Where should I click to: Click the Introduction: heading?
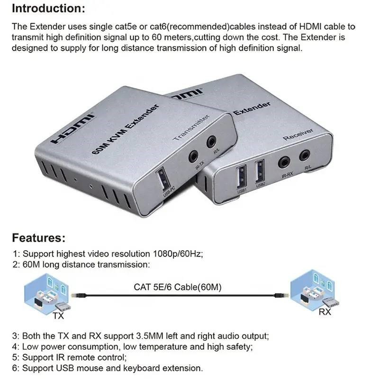click(x=49, y=9)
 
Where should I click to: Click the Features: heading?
click(x=38, y=237)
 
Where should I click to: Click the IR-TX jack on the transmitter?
click(x=193, y=156)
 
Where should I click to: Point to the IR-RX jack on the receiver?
click(x=285, y=163)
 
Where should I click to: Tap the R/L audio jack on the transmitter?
click(x=211, y=141)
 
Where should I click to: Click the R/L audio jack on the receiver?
click(x=304, y=155)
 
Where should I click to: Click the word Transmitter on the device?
click(x=191, y=127)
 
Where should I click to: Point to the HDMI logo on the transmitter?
click(x=73, y=127)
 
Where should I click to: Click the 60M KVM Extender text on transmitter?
click(x=124, y=129)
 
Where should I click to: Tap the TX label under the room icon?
click(x=58, y=315)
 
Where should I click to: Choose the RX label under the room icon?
click(x=325, y=312)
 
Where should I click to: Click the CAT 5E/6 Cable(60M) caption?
click(x=178, y=287)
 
